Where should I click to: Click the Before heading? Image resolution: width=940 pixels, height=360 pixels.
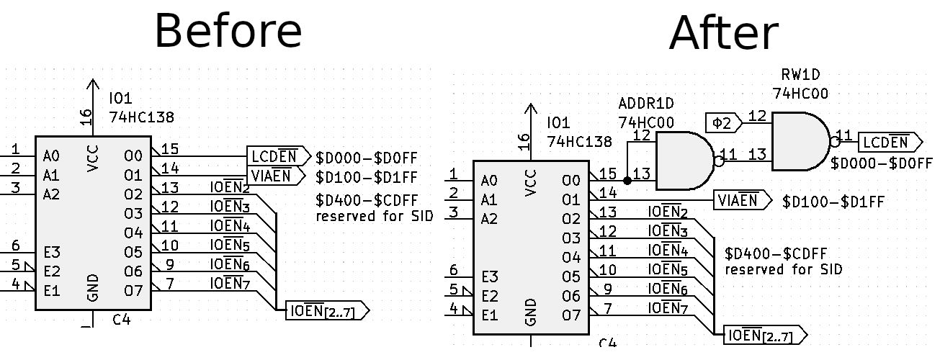click(228, 31)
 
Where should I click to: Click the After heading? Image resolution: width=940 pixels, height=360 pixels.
click(723, 32)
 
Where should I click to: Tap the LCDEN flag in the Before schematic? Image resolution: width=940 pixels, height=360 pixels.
click(277, 156)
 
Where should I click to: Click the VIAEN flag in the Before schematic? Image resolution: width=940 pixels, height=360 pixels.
click(277, 175)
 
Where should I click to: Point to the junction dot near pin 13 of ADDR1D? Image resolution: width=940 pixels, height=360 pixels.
click(627, 181)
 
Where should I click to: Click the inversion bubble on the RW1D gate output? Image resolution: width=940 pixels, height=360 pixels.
click(834, 141)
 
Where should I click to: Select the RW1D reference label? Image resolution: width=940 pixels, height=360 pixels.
click(800, 75)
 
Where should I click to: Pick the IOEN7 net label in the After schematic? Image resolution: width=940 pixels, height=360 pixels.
click(668, 308)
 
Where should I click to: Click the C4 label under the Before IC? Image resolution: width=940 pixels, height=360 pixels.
click(122, 319)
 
